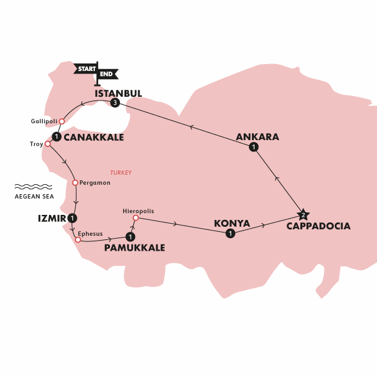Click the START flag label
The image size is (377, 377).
click(x=86, y=68)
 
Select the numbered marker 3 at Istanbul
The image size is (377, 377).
click(x=114, y=103)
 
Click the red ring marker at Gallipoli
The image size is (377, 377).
click(x=62, y=121)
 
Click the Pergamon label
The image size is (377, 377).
click(x=95, y=183)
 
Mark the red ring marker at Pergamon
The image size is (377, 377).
click(x=75, y=183)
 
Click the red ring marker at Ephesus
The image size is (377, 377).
click(x=77, y=239)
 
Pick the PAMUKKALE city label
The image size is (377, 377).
click(x=135, y=248)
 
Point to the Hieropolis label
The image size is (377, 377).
click(x=139, y=211)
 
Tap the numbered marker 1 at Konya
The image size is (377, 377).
click(x=230, y=234)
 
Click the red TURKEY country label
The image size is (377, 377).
click(x=121, y=173)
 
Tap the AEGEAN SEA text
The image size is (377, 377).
click(x=34, y=196)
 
